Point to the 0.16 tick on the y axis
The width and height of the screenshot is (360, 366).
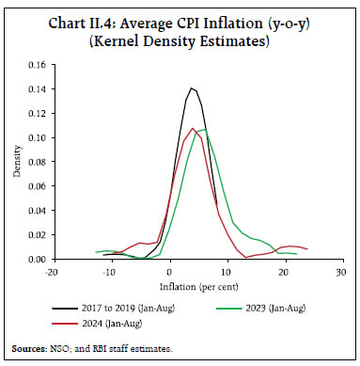(x=38, y=65)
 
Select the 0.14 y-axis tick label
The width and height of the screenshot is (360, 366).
(x=38, y=89)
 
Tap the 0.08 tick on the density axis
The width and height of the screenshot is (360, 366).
(x=38, y=162)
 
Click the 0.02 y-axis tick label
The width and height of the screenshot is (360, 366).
(x=38, y=234)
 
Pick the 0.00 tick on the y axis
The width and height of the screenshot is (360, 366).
(x=38, y=259)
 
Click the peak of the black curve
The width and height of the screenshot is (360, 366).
(x=192, y=88)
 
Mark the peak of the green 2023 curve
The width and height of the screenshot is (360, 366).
(x=203, y=129)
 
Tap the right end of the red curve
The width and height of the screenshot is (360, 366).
(x=307, y=249)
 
